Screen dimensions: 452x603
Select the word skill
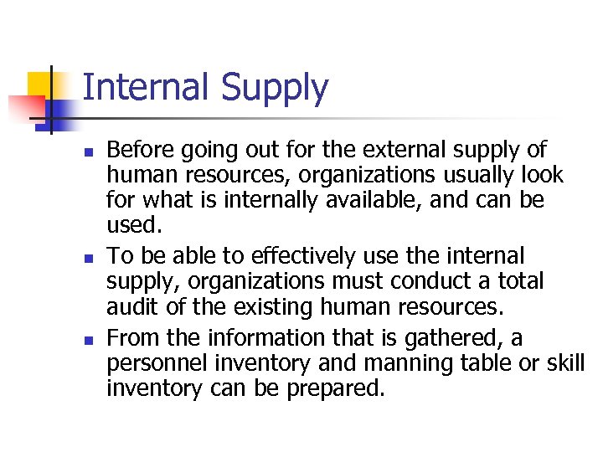tap(564, 363)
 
